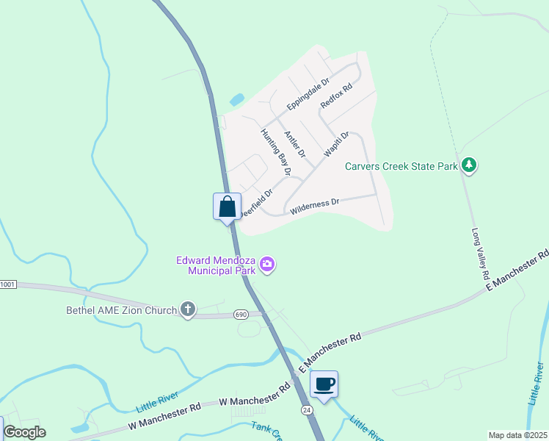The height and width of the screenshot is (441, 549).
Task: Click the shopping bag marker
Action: (227, 205)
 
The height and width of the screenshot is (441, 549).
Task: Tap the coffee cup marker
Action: (324, 383)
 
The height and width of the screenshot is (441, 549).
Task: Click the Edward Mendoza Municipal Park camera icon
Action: (267, 265)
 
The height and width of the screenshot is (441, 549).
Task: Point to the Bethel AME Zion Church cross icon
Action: (188, 309)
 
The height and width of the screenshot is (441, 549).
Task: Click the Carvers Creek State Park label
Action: (401, 167)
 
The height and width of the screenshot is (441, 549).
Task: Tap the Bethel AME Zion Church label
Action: (121, 310)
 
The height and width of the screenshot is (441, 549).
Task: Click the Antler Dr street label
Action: (294, 143)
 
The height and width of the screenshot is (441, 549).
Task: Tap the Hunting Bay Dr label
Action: (277, 152)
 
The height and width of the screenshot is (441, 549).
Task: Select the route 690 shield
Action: (241, 315)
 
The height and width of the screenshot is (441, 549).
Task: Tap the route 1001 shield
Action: (7, 284)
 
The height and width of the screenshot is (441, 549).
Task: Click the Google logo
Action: (24, 432)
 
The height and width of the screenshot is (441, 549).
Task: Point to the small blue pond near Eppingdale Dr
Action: (237, 99)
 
